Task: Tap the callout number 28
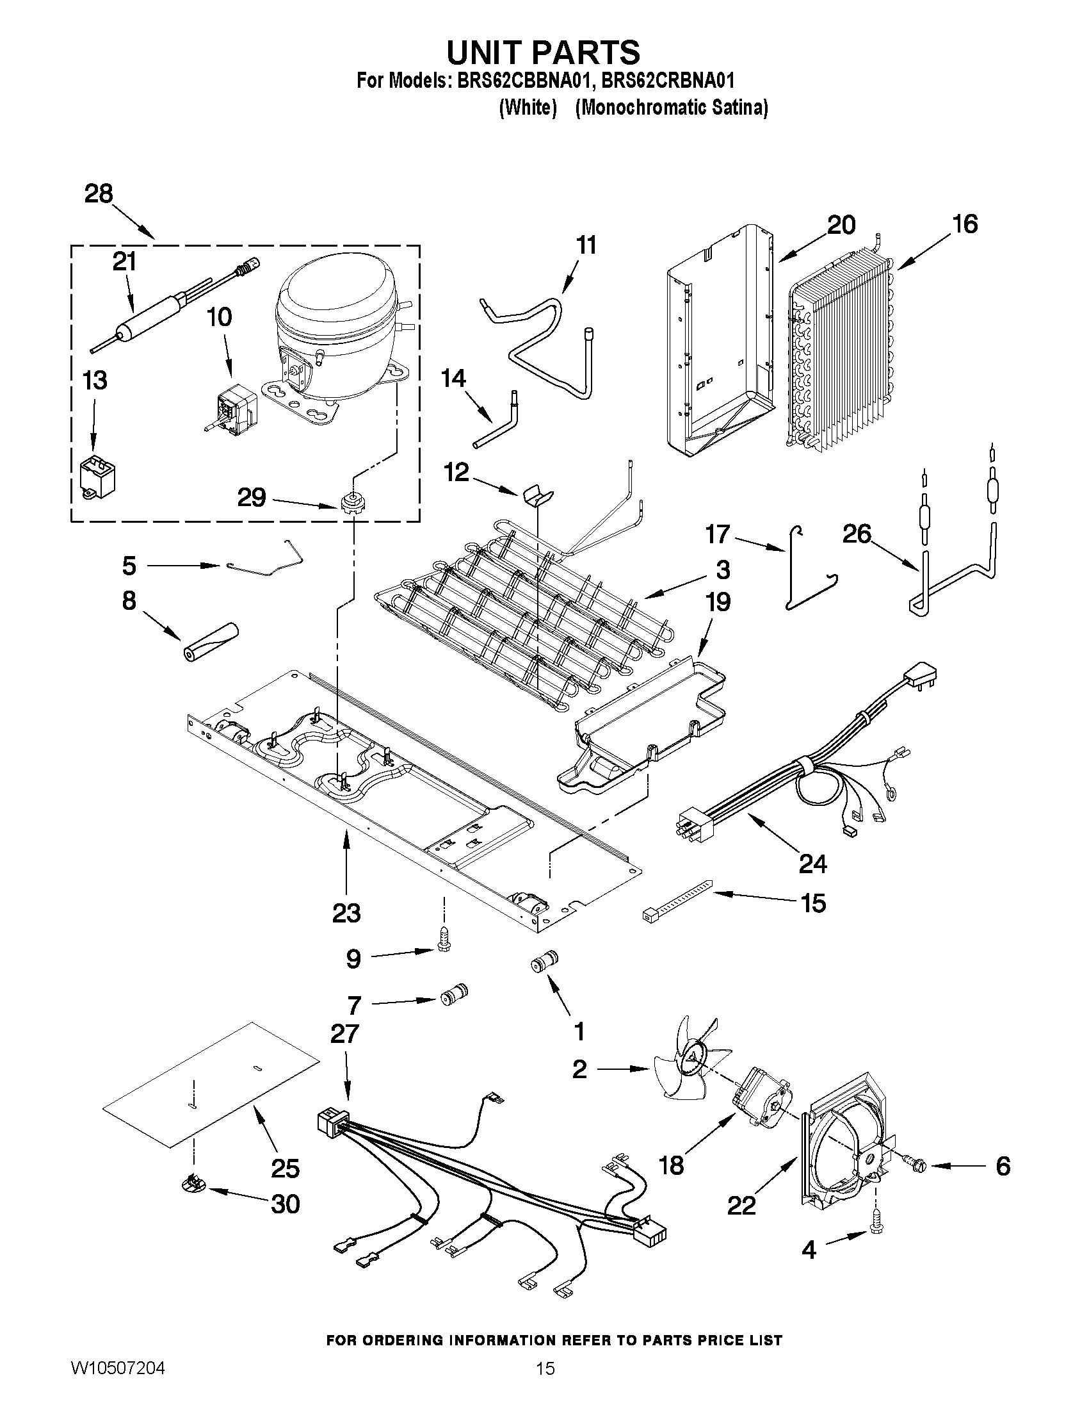click(99, 193)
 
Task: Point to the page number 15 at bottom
click(545, 1369)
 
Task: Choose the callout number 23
click(346, 913)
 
